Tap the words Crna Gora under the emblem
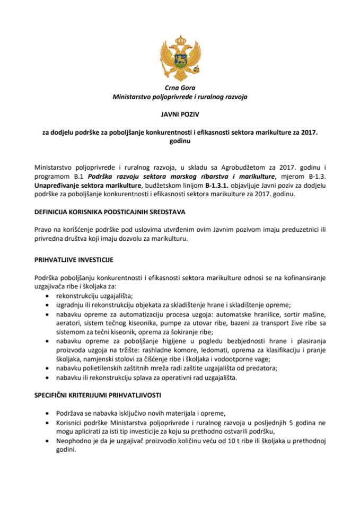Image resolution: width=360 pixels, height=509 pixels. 180,87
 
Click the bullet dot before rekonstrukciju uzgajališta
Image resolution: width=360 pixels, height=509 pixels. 49,296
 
